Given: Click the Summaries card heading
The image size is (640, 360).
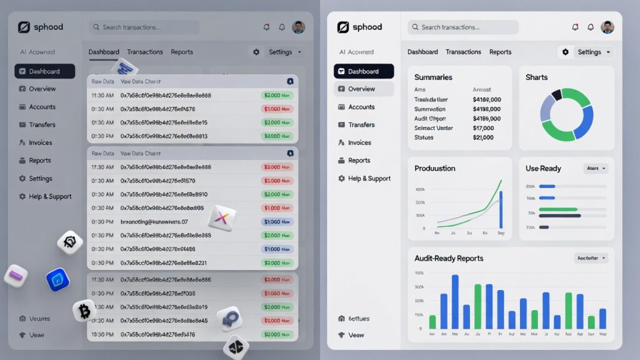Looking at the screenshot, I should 433,77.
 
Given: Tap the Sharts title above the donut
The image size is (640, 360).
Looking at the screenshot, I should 536,77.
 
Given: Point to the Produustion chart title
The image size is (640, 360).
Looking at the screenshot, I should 435,168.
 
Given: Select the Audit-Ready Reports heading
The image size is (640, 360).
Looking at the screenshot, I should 449,258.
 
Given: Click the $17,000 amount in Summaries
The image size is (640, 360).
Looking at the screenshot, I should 483,128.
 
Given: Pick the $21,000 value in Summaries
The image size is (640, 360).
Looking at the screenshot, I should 483,137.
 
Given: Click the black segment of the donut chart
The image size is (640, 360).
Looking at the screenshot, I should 556,94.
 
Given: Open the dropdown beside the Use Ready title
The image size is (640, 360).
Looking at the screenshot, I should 595,169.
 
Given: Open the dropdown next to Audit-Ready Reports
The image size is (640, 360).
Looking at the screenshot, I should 591,258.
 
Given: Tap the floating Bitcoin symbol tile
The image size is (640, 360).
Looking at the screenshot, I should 84,311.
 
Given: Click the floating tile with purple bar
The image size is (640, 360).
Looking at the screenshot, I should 16,275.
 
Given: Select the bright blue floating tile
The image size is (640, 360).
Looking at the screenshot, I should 57,280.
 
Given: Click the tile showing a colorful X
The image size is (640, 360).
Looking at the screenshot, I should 222,217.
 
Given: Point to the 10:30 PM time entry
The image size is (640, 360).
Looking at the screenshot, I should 102,335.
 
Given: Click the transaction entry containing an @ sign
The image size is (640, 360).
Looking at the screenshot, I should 154,222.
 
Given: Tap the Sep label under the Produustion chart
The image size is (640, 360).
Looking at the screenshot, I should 501,232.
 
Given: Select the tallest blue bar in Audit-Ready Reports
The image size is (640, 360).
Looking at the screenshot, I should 455,302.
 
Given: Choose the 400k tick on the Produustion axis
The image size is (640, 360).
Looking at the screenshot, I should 420,189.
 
